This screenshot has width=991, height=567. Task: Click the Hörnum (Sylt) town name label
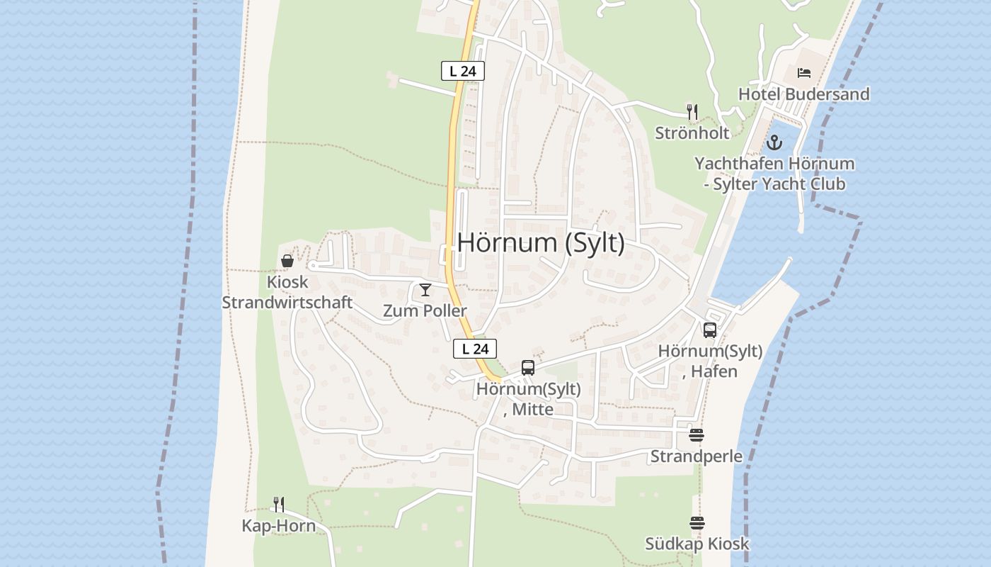click(x=541, y=242)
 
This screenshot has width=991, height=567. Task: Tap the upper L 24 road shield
click(x=463, y=71)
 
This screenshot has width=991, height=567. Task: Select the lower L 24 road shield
click(x=475, y=349)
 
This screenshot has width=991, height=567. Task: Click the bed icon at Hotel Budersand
click(x=804, y=73)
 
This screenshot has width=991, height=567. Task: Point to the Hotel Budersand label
click(x=804, y=94)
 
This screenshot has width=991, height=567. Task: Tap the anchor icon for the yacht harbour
click(x=775, y=143)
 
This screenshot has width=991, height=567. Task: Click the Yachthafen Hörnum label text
click(x=774, y=164)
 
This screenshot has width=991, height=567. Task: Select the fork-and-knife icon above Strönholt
click(x=692, y=112)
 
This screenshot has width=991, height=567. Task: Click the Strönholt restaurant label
click(x=692, y=133)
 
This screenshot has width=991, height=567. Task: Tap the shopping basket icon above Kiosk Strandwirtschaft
click(x=287, y=261)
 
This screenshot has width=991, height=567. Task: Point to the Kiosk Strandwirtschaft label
click(x=287, y=292)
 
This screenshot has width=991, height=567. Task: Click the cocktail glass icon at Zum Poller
click(x=425, y=290)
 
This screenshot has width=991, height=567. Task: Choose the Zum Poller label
click(x=425, y=310)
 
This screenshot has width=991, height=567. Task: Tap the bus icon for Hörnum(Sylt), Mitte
click(x=528, y=367)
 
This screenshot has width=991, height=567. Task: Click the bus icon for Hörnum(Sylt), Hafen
click(x=710, y=330)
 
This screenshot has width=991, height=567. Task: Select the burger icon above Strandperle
click(x=697, y=435)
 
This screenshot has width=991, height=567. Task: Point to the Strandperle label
click(x=697, y=456)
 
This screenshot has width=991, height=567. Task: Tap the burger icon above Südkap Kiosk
click(x=697, y=523)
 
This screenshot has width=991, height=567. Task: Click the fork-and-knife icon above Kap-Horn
click(x=279, y=505)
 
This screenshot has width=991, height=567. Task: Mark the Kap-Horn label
click(x=279, y=526)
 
